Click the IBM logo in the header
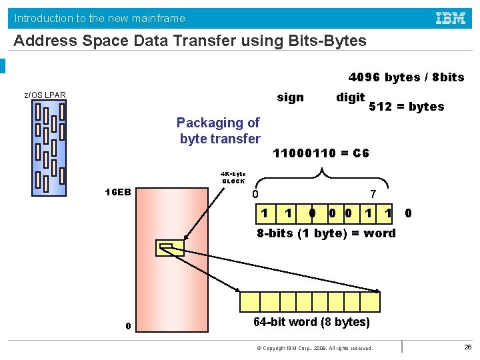(451, 18)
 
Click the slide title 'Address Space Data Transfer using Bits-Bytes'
(190, 41)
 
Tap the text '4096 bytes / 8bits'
(406, 77)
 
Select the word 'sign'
(290, 97)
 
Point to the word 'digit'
(350, 97)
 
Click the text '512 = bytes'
(406, 107)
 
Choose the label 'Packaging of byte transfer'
(219, 131)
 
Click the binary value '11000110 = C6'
(321, 153)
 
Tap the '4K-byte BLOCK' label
(233, 177)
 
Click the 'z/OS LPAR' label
(45, 95)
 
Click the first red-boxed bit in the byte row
(265, 213)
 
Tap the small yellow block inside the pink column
(169, 248)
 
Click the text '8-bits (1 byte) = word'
(326, 233)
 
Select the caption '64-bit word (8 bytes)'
(311, 322)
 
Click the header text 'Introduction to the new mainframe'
(99, 18)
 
